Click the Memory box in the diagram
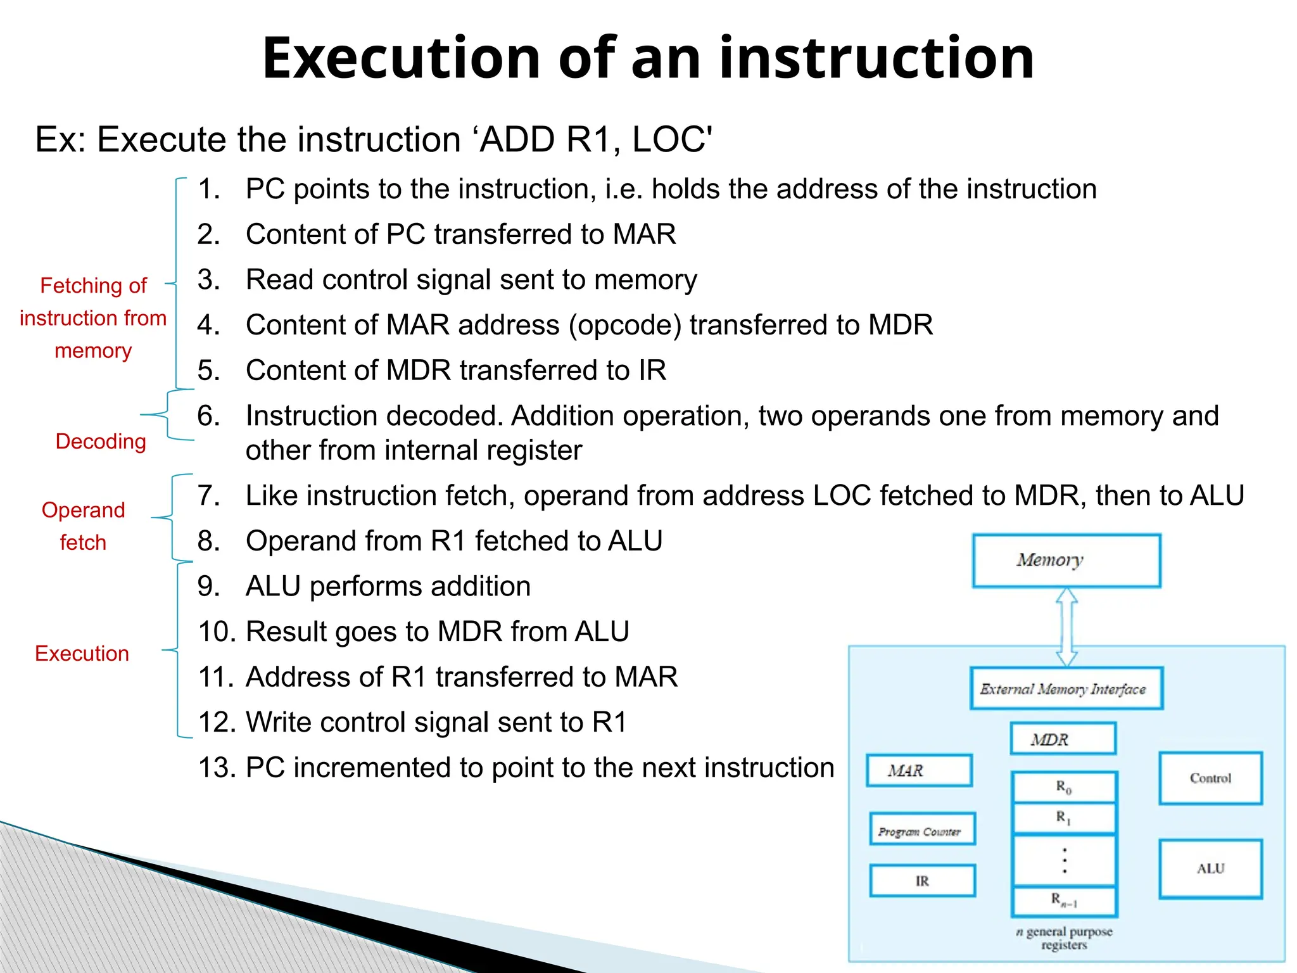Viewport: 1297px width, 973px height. coord(1066,561)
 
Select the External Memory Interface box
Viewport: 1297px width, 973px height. coord(1066,689)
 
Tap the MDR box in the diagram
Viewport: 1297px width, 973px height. coord(1063,739)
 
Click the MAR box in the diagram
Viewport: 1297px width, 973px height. coord(919,770)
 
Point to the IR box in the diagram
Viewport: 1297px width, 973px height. coord(922,881)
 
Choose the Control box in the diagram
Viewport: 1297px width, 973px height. coord(1210,779)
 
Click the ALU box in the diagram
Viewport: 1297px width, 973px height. coord(1210,869)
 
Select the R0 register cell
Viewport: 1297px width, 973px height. coord(1064,787)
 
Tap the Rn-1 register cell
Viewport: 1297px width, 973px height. coord(1064,901)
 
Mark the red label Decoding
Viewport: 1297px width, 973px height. coord(101,442)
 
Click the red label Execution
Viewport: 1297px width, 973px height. coord(82,653)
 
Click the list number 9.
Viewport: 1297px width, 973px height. coord(209,587)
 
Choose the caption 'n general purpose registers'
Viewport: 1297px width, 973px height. coord(1064,938)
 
